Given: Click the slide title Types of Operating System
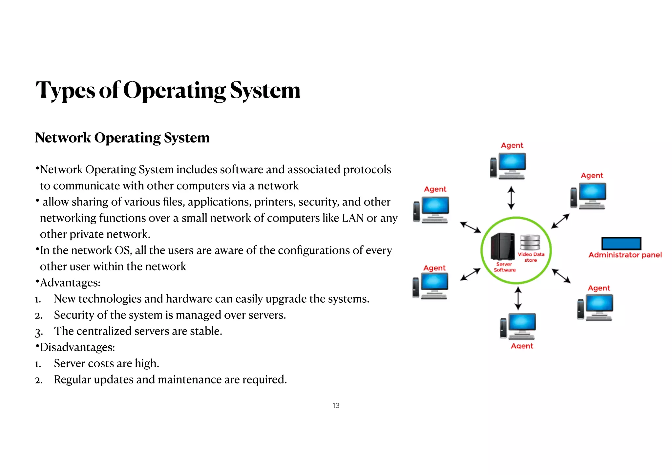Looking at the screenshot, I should (168, 90).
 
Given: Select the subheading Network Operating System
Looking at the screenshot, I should (122, 138).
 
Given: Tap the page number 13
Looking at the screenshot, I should (336, 405).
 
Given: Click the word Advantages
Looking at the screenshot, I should (70, 283).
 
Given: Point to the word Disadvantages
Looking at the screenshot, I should (77, 347).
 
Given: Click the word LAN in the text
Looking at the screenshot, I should (353, 218).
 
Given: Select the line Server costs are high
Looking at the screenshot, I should (106, 363).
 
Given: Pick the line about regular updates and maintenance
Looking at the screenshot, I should (170, 379).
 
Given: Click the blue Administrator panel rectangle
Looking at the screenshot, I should (621, 244).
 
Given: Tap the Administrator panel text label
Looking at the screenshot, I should (625, 255).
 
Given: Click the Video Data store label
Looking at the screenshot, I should (531, 257).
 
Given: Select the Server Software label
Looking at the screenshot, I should (504, 267).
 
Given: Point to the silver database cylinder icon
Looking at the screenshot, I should (530, 242).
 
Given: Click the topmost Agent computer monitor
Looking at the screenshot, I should (512, 162).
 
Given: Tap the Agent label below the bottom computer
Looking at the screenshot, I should (522, 346).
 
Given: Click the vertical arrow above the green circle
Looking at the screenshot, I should (511, 198).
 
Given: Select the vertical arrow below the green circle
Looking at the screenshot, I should (518, 298).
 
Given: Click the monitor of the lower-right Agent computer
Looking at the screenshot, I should (599, 303).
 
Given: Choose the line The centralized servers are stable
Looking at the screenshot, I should (138, 331).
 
